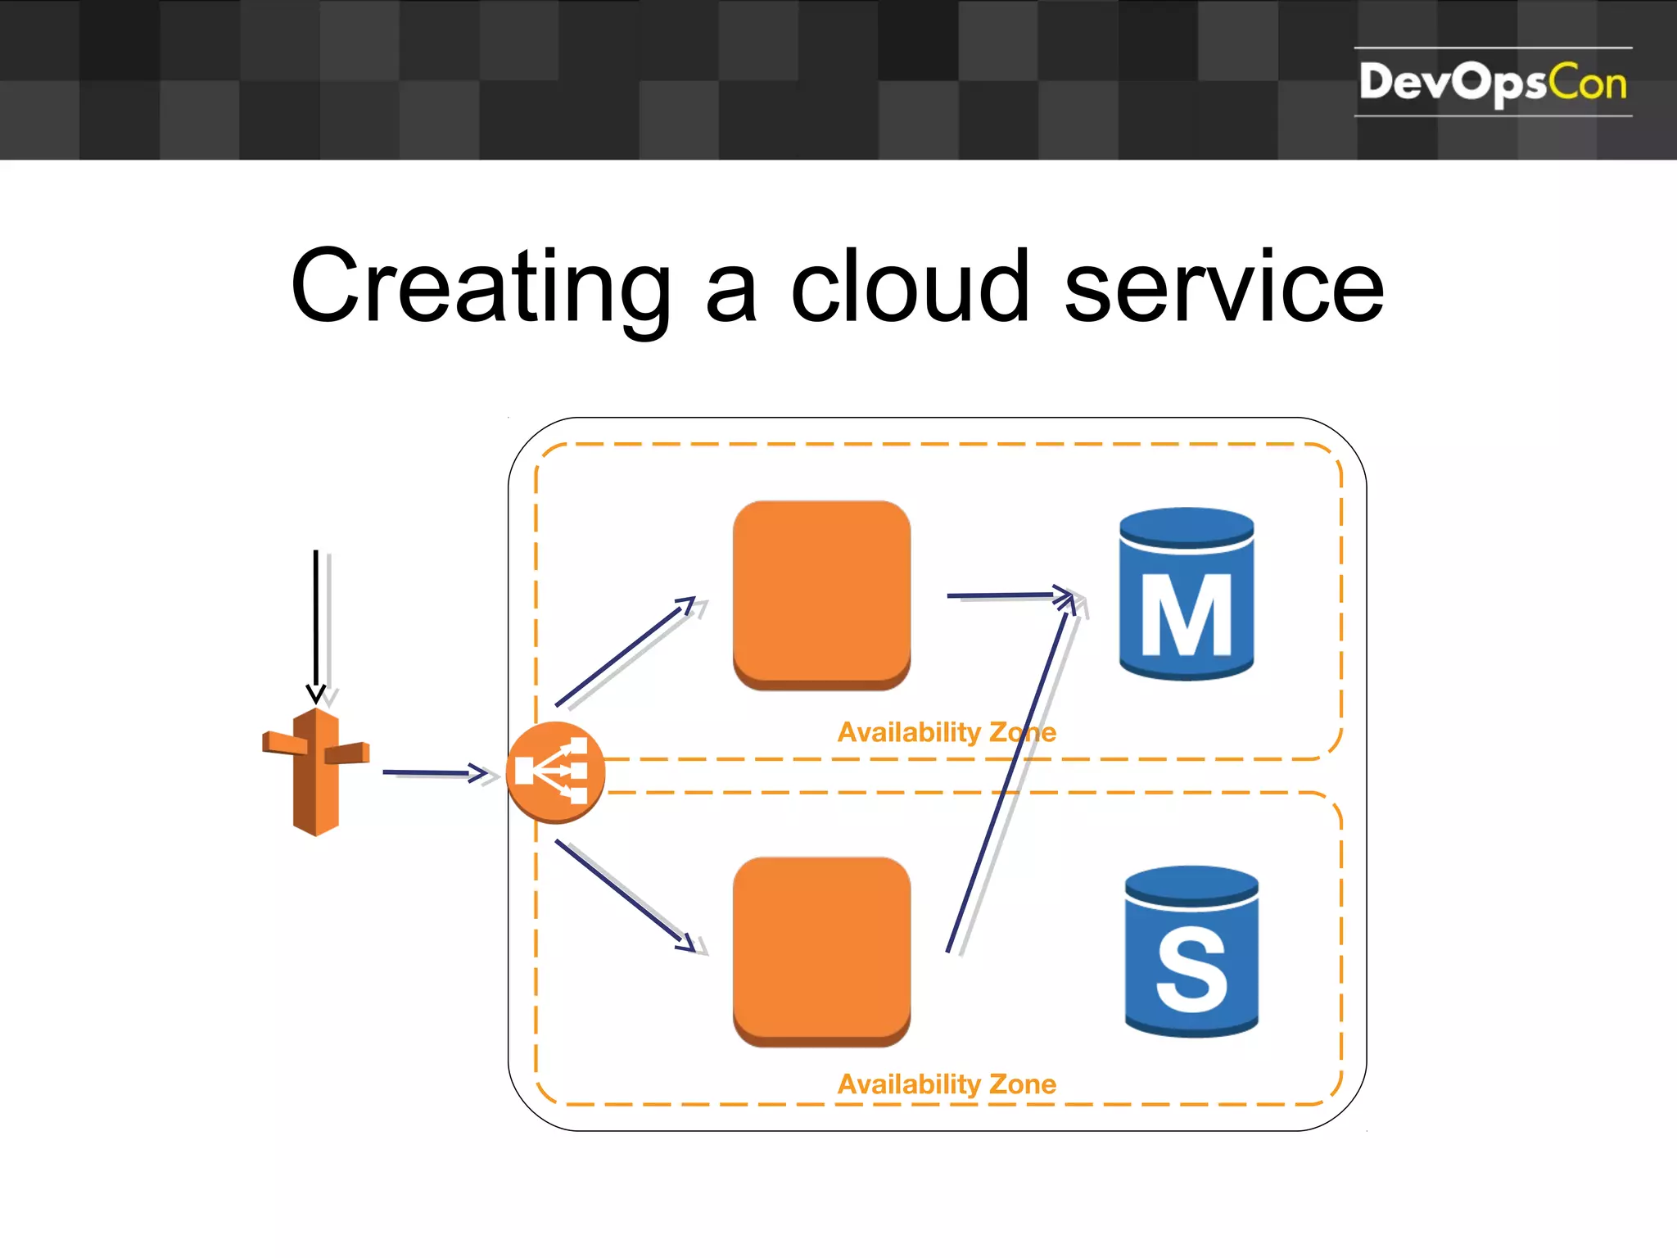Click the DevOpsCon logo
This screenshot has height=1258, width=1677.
[x=1492, y=83]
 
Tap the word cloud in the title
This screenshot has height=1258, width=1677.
[x=909, y=287]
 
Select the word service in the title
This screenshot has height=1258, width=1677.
[x=1223, y=287]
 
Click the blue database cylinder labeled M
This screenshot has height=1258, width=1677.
[x=1187, y=594]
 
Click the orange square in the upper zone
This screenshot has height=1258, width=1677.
[x=821, y=595]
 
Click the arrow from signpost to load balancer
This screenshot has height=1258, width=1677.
[x=434, y=772]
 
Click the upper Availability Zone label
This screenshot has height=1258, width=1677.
[x=947, y=731]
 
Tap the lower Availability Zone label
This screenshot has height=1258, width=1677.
[x=947, y=1084]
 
